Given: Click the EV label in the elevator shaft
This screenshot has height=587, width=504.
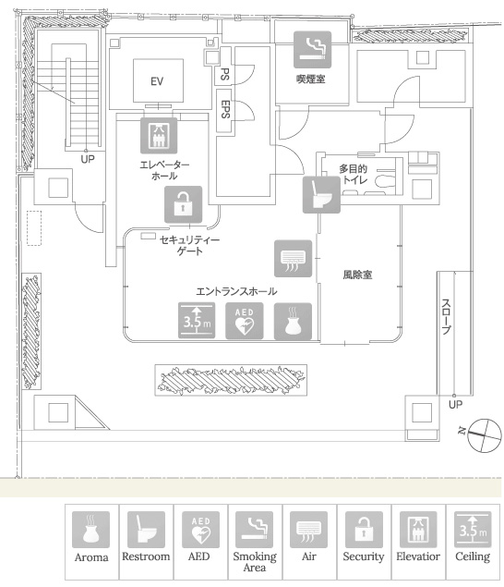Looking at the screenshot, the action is click(x=157, y=81).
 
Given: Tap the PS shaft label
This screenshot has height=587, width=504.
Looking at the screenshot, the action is click(x=224, y=74).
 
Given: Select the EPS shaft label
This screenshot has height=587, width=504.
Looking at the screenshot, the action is click(x=225, y=109).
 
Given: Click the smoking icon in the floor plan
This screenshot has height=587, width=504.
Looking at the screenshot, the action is click(x=312, y=50).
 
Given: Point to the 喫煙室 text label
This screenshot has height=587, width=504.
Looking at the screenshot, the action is click(x=311, y=79).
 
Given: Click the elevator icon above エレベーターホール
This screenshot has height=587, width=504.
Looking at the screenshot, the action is click(x=159, y=136).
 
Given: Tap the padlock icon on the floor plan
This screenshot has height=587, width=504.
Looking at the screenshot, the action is click(x=183, y=205).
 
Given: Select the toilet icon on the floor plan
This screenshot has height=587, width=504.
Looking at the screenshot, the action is click(x=321, y=195).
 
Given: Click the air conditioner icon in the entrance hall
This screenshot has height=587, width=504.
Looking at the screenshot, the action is click(x=294, y=259).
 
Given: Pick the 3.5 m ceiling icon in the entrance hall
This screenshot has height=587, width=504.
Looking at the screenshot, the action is click(x=197, y=321).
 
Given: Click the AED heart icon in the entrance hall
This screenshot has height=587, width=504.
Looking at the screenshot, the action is click(x=244, y=321).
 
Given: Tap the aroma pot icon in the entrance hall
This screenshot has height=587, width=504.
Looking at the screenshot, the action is click(x=293, y=321).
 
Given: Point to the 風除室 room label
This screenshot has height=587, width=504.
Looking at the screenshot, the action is click(x=357, y=275).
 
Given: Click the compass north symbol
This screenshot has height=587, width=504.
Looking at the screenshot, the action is click(x=485, y=435).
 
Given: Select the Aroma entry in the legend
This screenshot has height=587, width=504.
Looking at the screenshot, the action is click(x=91, y=542).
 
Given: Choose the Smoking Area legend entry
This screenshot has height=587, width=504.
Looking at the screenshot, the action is click(x=255, y=542).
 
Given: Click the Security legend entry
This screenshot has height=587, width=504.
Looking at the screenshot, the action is click(x=364, y=542).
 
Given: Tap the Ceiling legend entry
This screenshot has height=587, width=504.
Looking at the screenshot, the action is click(x=473, y=542).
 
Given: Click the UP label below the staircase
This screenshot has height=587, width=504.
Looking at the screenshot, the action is click(x=88, y=159).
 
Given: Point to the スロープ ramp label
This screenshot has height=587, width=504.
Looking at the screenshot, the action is click(x=446, y=316).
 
